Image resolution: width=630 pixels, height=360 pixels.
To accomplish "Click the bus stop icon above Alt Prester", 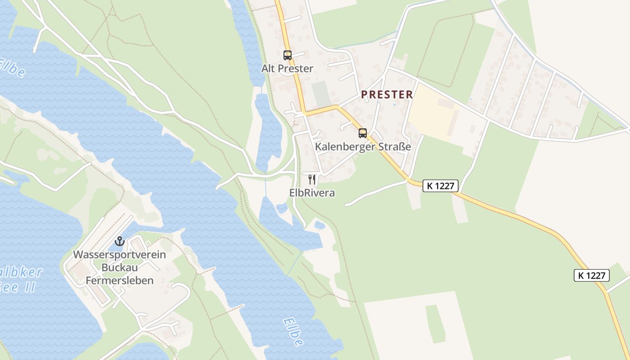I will [287, 55].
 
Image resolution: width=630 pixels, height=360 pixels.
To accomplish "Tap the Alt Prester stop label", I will [287, 69].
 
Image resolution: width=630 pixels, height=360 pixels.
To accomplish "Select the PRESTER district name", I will [387, 94].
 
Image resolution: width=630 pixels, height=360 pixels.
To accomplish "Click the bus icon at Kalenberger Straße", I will [362, 133].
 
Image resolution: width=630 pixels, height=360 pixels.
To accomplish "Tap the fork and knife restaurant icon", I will [312, 180].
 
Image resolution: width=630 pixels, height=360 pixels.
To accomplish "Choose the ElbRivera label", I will [312, 193].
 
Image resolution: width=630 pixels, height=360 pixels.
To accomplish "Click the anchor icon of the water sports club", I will [119, 241].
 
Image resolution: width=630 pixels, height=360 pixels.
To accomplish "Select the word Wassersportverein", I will [119, 255].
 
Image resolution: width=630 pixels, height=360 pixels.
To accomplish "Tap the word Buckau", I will [119, 268].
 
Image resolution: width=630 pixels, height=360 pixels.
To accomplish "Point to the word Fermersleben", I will [119, 281].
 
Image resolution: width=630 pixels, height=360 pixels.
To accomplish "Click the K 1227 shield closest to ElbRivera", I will [440, 186].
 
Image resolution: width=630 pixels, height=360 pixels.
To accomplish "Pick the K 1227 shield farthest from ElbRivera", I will [591, 275].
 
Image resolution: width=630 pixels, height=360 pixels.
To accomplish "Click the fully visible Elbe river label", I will [293, 333].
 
